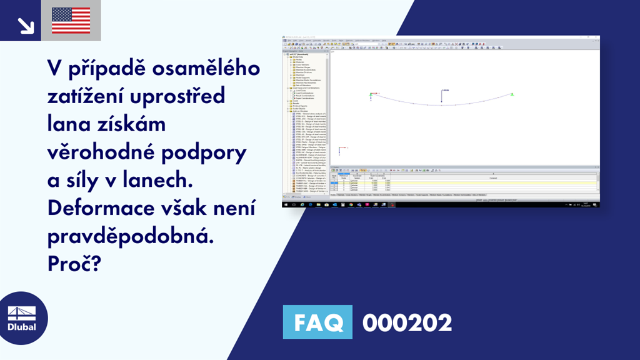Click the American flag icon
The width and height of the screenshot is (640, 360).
(x=71, y=20)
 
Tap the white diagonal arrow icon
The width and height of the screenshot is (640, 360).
(x=25, y=24)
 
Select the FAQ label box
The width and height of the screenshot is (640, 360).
(x=317, y=322)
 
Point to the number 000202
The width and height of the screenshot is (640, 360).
(x=407, y=322)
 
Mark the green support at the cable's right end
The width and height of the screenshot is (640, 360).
(x=512, y=94)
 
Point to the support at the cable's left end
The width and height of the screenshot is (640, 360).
(x=372, y=96)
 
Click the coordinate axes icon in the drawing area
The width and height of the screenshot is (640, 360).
(x=341, y=149)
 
